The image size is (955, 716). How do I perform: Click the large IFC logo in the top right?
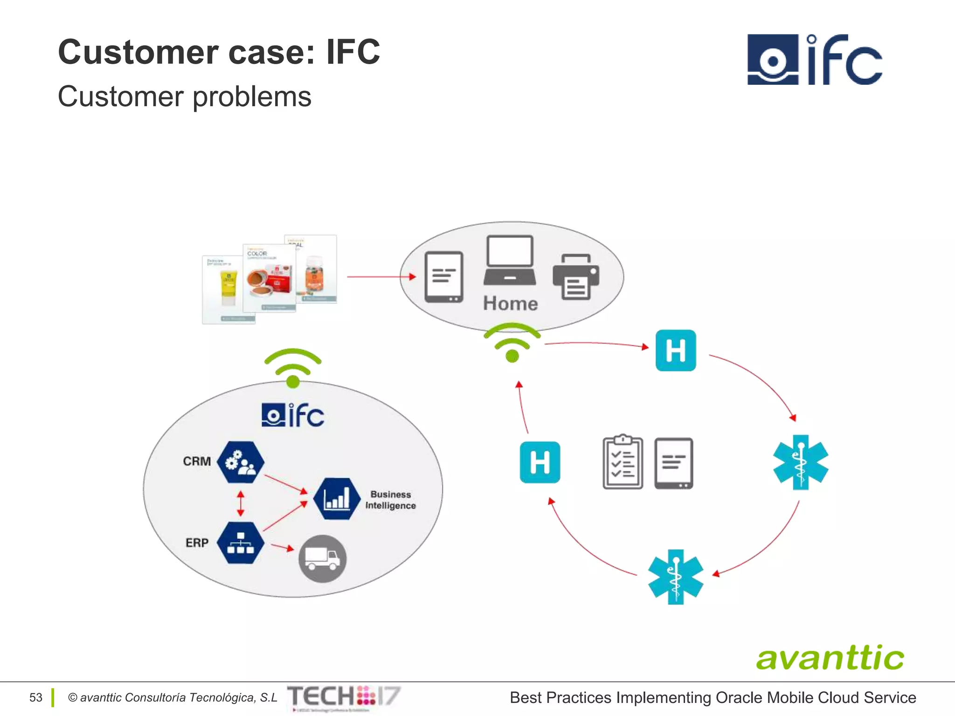[814, 60]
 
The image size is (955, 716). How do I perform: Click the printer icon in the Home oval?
[575, 277]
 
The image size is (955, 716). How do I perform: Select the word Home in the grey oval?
[510, 303]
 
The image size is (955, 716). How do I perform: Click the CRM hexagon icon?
[241, 462]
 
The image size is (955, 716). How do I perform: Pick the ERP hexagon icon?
[241, 543]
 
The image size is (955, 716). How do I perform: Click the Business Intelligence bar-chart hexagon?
[337, 499]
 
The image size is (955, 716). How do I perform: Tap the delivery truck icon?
[322, 558]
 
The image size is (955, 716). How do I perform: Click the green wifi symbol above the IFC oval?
[293, 368]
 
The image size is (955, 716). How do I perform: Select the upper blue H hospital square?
[675, 351]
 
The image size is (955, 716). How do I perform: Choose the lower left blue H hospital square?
[540, 462]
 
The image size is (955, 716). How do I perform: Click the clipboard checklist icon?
[623, 462]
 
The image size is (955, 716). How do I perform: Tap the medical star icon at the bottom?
[675, 577]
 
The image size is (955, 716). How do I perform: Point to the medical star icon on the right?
[800, 462]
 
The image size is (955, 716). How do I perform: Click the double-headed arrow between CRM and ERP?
[241, 503]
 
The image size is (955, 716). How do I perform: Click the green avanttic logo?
[830, 658]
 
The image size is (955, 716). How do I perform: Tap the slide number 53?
[36, 697]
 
